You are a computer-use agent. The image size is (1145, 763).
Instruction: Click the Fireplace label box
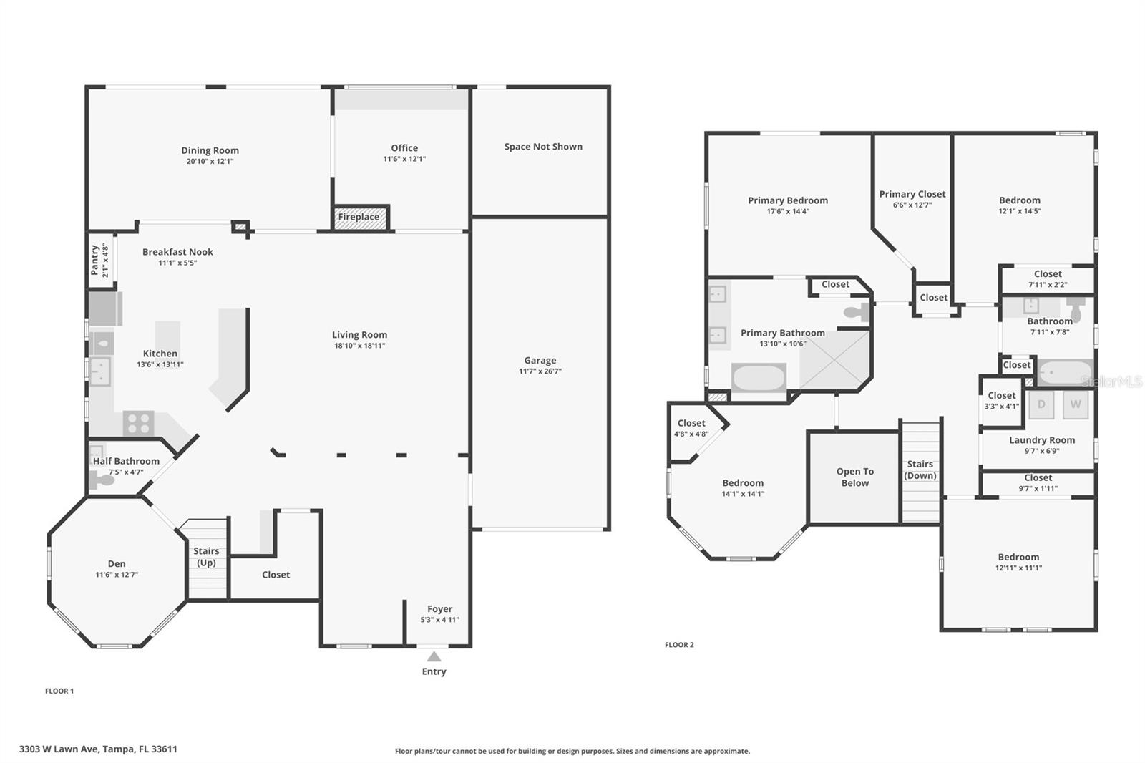tap(360, 218)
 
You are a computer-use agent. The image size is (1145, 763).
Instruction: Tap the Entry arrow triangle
tap(434, 656)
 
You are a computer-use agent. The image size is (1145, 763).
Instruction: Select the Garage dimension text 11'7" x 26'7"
tap(540, 371)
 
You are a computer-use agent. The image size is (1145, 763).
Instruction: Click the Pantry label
tap(94, 261)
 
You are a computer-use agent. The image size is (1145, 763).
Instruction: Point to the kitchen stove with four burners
tap(138, 423)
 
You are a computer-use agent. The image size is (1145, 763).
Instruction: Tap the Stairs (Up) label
tap(206, 556)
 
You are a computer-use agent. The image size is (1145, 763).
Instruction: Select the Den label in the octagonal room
tap(117, 563)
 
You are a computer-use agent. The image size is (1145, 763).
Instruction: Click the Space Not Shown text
tap(542, 147)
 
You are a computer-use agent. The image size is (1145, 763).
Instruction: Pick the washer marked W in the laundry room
tap(1075, 404)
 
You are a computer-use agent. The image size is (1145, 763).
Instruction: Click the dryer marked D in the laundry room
tap(1041, 404)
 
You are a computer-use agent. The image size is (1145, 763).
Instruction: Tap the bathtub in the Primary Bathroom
tap(759, 377)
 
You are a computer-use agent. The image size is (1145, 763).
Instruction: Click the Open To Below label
tap(854, 477)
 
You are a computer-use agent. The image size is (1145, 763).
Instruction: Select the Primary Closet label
tap(912, 194)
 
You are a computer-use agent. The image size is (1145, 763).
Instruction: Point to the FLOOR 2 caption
tap(679, 645)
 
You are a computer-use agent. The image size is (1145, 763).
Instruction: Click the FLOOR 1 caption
tap(59, 691)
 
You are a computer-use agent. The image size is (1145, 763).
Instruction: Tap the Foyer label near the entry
tap(439, 609)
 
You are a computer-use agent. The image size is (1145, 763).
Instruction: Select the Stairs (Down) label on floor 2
tap(920, 470)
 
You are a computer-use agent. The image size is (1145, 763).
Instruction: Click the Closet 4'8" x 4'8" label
tap(691, 428)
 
